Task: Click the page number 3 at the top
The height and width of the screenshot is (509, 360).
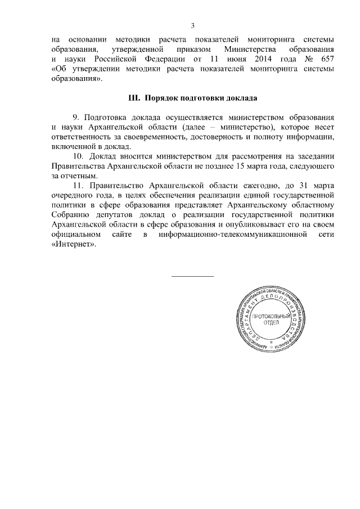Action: (192, 26)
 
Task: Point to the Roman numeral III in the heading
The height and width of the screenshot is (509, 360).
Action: (133, 98)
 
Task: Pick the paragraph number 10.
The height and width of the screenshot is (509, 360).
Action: (79, 156)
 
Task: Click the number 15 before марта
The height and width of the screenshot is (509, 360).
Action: (257, 166)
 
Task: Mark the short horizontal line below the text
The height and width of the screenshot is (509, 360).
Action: (192, 276)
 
